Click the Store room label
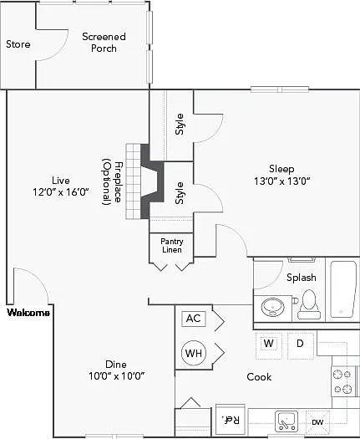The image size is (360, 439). pyautogui.click(x=18, y=44)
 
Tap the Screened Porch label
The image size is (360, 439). pyautogui.click(x=104, y=43)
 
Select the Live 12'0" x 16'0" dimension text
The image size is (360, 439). pyautogui.click(x=61, y=186)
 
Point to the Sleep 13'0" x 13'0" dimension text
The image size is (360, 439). pyautogui.click(x=282, y=175)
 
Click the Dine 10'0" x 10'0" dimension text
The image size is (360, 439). pyautogui.click(x=116, y=370)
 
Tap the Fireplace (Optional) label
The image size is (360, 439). pyautogui.click(x=112, y=182)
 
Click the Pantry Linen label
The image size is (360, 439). pyautogui.click(x=172, y=246)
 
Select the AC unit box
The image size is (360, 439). pyautogui.click(x=194, y=319)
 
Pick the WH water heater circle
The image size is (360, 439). pyautogui.click(x=194, y=353)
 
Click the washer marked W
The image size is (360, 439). pyautogui.click(x=268, y=345)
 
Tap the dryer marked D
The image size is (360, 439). pyautogui.click(x=301, y=345)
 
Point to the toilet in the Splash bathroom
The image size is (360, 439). pyautogui.click(x=309, y=304)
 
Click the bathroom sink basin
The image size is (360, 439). pyautogui.click(x=273, y=307)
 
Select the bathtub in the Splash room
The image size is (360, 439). pyautogui.click(x=343, y=289)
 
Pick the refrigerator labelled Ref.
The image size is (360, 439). pyautogui.click(x=231, y=420)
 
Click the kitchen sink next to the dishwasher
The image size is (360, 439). pyautogui.click(x=286, y=421)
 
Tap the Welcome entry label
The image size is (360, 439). pyautogui.click(x=28, y=313)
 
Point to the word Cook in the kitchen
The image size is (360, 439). pyautogui.click(x=259, y=377)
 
